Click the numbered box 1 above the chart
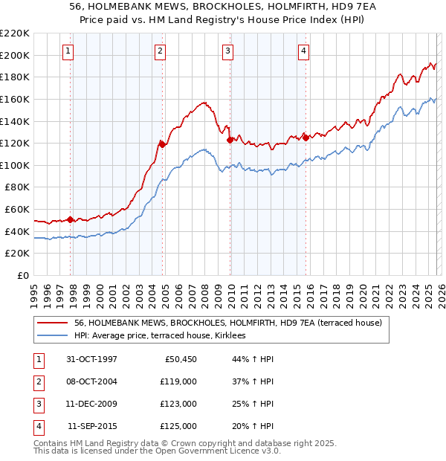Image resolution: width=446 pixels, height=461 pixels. point(68,51)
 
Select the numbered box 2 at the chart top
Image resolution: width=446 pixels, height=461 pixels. point(160,51)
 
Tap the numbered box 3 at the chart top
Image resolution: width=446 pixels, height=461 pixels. point(227,51)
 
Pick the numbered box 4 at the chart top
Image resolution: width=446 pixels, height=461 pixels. point(304,51)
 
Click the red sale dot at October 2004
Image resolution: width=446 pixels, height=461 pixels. point(162,144)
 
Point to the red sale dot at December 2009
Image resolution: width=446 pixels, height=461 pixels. point(230,139)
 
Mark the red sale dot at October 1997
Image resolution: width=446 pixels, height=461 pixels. point(71,219)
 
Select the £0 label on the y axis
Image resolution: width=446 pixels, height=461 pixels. point(24,276)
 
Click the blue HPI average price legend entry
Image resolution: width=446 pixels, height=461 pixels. point(164,336)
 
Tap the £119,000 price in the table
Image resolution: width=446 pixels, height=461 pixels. point(178,381)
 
